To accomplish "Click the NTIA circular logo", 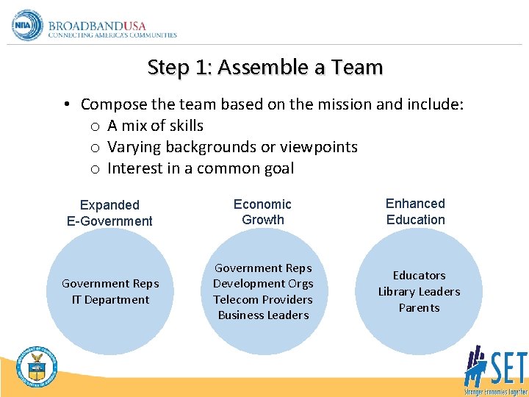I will tap(28, 26).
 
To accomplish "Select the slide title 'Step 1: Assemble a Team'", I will tap(264, 68).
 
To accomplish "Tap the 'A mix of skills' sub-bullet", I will tap(155, 126).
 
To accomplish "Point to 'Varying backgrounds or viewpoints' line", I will tap(232, 147).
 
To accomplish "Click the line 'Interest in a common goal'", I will tap(201, 168).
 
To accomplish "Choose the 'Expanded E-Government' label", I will tap(109, 212).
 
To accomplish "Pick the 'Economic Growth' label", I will tap(262, 212).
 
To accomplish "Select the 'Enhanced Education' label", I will tap(416, 211).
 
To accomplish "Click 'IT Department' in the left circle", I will tap(110, 299).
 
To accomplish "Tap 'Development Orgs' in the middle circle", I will tap(263, 284).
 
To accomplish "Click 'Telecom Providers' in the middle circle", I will tap(263, 299).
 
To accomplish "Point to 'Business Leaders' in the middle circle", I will tap(263, 315).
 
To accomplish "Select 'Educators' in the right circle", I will tap(419, 276).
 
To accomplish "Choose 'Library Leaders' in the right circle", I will tap(419, 292).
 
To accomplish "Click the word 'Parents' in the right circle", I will tap(419, 308).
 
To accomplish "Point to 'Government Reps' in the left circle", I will tap(110, 284).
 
